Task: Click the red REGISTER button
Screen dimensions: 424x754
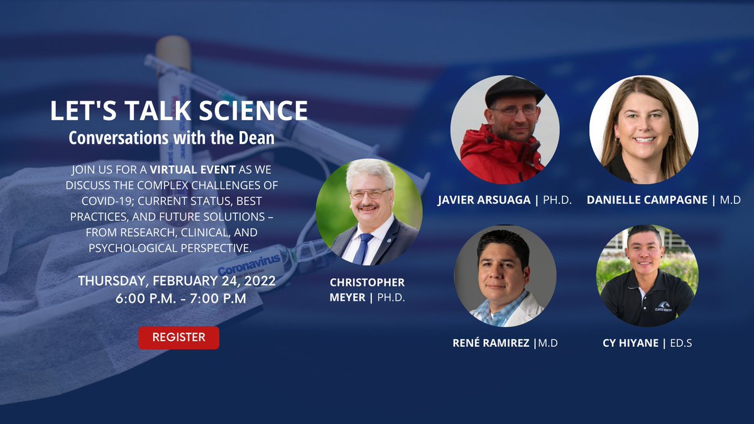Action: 178,337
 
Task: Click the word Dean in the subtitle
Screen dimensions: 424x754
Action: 255,138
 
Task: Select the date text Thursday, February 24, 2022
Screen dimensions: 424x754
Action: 177,281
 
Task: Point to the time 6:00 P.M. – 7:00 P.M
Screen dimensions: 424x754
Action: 180,298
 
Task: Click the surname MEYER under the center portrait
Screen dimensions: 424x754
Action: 349,297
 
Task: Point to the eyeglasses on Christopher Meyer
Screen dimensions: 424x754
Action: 369,193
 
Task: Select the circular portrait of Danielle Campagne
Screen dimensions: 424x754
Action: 643,129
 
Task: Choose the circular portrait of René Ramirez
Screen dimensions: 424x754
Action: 505,276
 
